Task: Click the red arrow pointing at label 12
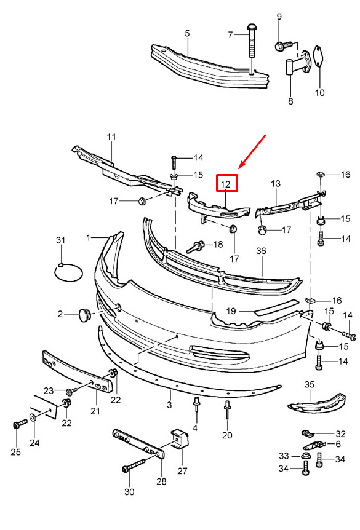point(252,152)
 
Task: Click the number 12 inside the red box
point(225,184)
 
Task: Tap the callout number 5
point(187,33)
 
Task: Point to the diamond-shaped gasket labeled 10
point(319,59)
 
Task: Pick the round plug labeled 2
point(86,314)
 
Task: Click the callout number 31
point(60,240)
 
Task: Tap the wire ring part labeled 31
point(68,272)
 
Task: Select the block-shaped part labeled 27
point(180,439)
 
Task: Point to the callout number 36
point(261,251)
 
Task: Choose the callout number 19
point(231,310)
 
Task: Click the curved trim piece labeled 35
point(316,403)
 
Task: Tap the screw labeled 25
point(20,424)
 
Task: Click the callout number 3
point(169,404)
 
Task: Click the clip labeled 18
point(195,246)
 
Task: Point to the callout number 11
point(111,137)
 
